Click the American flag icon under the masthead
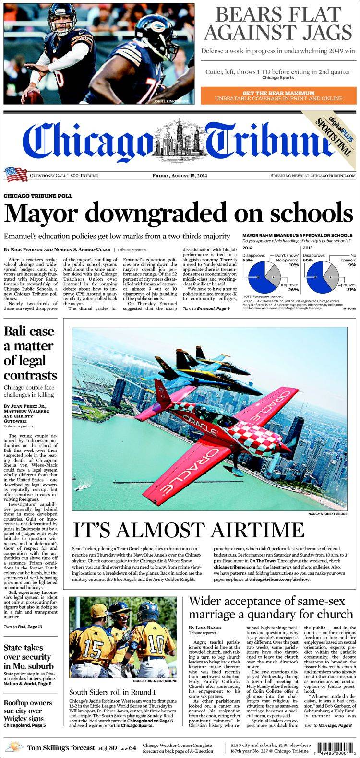tap(15, 174)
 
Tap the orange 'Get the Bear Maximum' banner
tap(278, 95)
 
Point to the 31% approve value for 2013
tap(351, 290)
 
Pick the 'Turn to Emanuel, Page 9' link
tap(207, 308)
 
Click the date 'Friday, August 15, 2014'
tap(180, 176)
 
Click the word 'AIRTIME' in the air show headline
tap(252, 530)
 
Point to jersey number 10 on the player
tap(156, 642)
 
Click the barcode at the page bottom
tap(338, 747)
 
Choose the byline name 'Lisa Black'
tap(201, 628)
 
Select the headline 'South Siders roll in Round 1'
tap(112, 692)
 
